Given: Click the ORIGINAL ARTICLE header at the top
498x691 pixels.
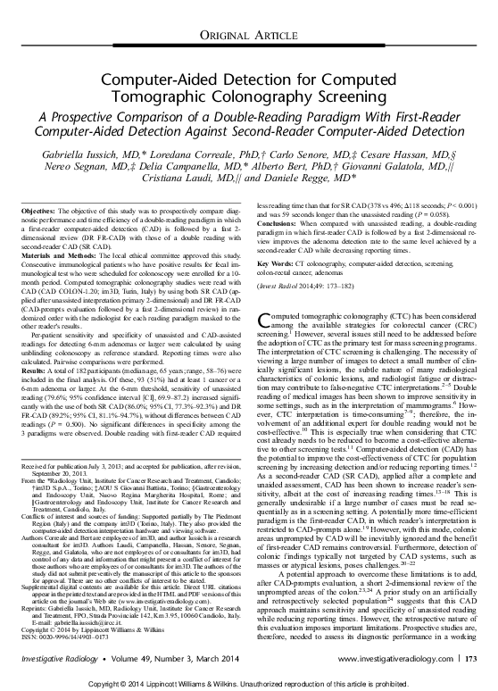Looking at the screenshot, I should (x=248, y=35).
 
